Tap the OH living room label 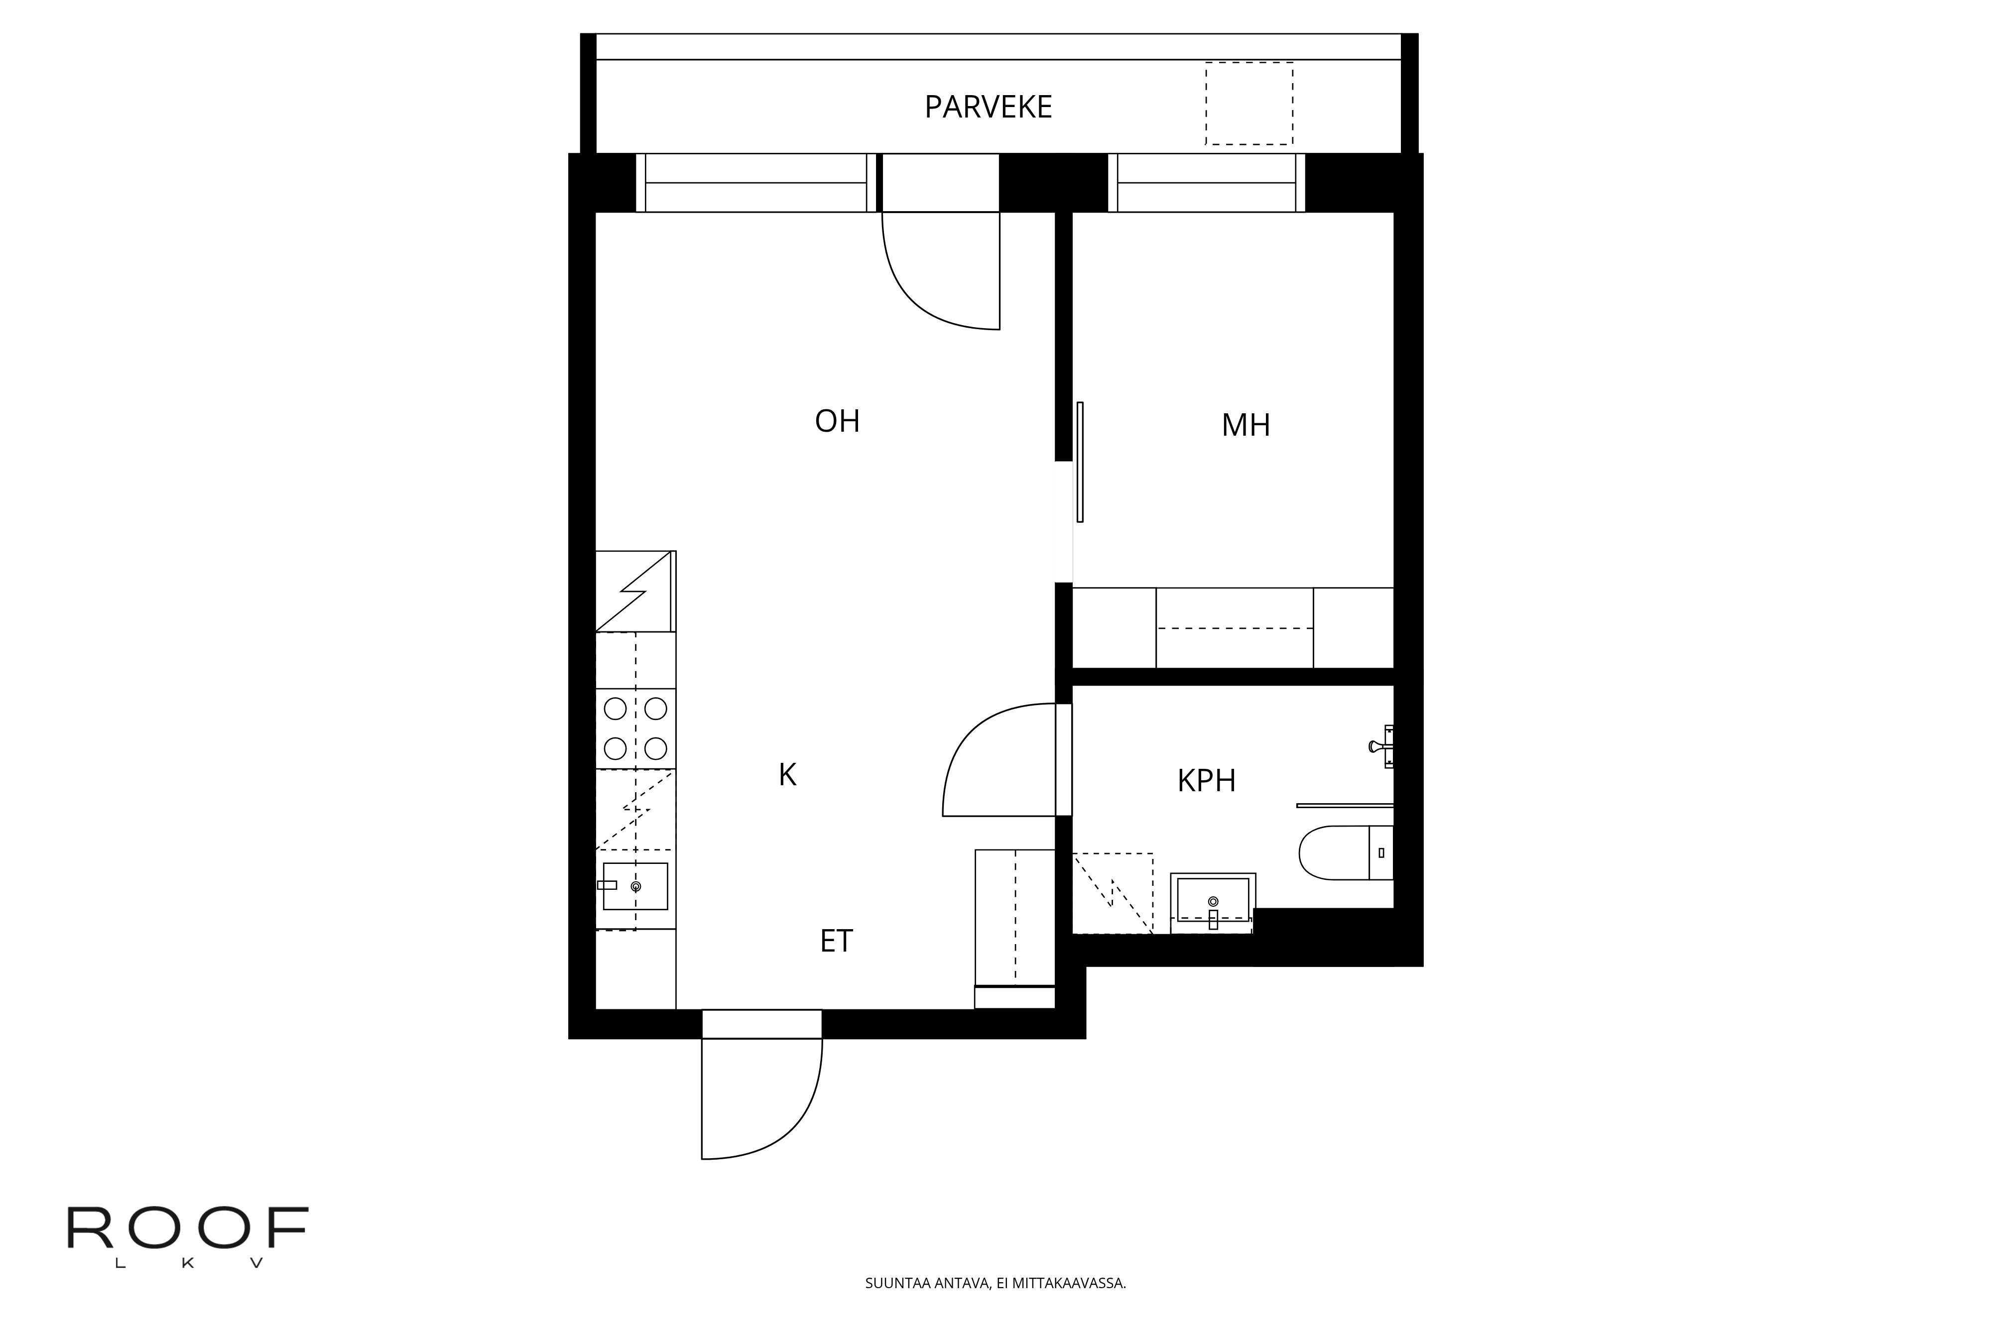pos(837,421)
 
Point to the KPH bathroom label pos(1206,780)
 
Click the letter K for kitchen pos(787,775)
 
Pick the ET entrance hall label pos(836,941)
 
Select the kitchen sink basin pos(635,886)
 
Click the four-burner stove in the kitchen pos(635,728)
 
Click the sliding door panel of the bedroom pos(1080,462)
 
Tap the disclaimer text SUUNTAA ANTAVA pos(995,1283)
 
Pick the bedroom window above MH pos(1206,183)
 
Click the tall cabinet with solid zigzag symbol pos(635,591)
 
